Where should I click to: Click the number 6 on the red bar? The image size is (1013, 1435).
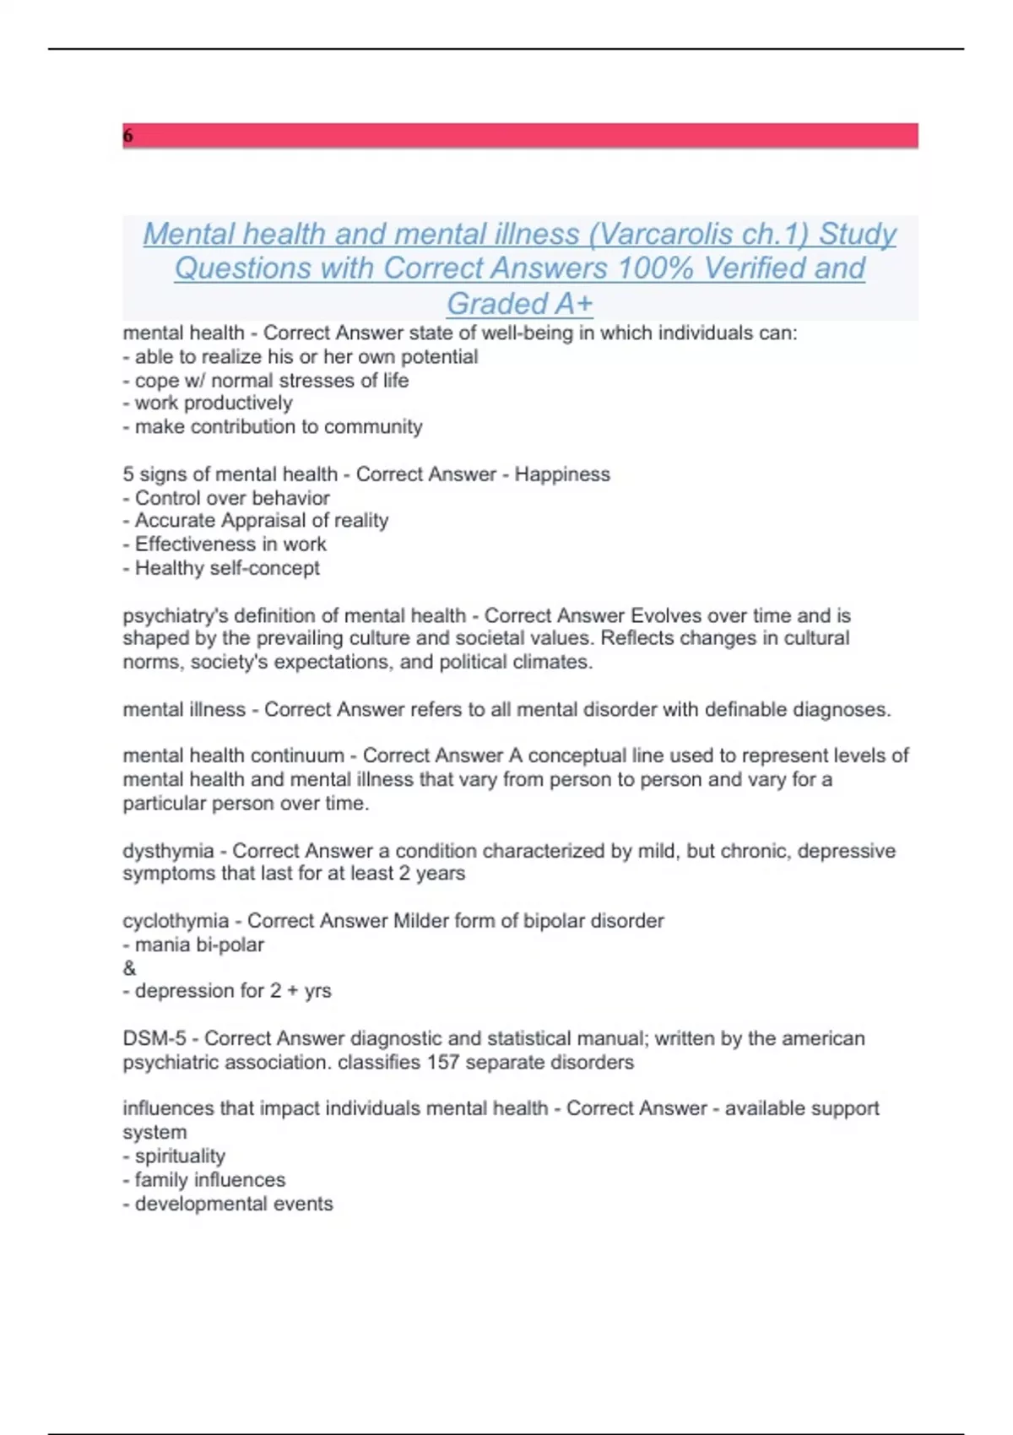click(128, 136)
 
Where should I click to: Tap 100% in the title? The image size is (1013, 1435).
click(656, 268)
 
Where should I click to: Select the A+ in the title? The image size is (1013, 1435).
click(573, 303)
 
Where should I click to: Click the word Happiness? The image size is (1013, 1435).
click(562, 474)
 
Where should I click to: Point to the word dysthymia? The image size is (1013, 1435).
click(168, 851)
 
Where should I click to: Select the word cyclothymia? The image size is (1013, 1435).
click(176, 921)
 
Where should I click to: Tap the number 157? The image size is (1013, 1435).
click(442, 1062)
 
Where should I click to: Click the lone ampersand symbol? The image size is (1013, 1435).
click(129, 968)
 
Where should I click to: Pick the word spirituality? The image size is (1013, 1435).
click(180, 1156)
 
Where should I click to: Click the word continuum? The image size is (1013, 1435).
click(299, 755)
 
